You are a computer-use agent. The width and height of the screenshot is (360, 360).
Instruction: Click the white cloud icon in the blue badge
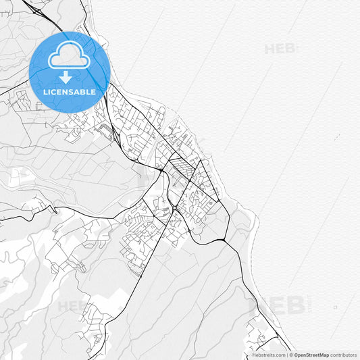pos(69,55)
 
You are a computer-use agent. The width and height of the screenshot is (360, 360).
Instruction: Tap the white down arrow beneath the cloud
pos(66,77)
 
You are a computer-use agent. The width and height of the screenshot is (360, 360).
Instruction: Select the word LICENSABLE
pos(69,91)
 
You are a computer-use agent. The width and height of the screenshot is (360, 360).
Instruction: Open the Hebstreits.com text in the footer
pos(269,355)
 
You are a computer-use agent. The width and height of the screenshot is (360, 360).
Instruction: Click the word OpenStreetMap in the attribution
pos(311,355)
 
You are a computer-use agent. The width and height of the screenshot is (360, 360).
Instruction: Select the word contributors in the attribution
pos(343,355)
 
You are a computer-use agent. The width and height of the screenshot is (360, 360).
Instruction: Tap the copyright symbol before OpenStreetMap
pos(291,355)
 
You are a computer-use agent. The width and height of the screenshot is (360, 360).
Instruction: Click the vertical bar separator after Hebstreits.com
pos(287,355)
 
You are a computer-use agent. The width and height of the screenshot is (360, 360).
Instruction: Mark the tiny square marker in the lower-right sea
pos(336,307)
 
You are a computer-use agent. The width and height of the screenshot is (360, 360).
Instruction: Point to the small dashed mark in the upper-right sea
pos(336,136)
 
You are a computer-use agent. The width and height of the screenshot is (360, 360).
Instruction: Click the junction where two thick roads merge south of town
pos(223,240)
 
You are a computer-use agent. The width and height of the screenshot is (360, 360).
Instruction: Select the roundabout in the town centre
pos(174,208)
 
